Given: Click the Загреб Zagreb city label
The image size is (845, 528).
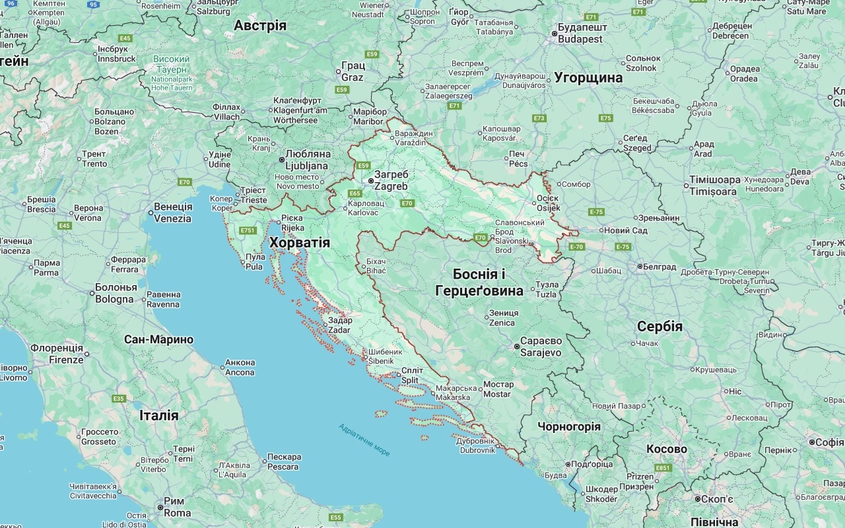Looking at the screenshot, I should (391, 180).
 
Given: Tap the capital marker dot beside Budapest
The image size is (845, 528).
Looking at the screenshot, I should (555, 34).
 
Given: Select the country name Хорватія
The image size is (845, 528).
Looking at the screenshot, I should (299, 243).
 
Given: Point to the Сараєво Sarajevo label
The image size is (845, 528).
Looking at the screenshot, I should (540, 346).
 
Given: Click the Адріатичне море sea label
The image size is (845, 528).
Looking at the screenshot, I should (364, 440).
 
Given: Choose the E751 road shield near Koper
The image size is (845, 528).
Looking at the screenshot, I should (248, 230).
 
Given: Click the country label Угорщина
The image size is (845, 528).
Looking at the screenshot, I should (588, 77).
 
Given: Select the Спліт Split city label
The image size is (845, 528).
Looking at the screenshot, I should (411, 375).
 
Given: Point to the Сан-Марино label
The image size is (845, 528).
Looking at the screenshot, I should (158, 340).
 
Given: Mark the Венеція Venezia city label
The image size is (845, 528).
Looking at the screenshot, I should (172, 213).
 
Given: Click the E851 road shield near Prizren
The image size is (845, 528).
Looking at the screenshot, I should (663, 468).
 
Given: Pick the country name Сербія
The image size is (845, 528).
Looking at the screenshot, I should (659, 327).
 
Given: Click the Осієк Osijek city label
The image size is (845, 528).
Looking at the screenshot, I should (547, 203).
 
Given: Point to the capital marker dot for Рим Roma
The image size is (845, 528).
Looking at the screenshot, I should (160, 507).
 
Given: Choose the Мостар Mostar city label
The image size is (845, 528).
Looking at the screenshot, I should (498, 389).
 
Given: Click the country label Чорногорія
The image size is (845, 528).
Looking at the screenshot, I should (569, 426).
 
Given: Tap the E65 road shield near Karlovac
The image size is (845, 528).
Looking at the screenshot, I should (355, 193).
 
